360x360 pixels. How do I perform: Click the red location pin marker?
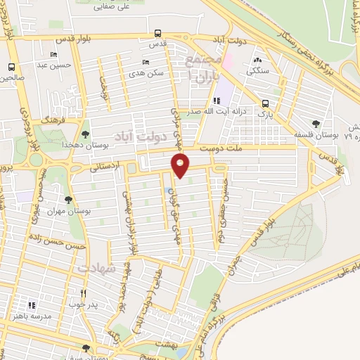point(181,165)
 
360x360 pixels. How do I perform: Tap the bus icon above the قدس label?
point(157,33)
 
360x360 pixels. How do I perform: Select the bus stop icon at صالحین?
point(11,67)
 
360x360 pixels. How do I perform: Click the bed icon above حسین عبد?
point(53,55)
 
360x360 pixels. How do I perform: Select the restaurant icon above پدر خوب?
point(84,293)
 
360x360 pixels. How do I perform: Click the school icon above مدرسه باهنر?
point(32,305)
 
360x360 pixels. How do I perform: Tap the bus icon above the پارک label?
point(264,102)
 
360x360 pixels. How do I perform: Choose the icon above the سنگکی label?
point(258,60)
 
